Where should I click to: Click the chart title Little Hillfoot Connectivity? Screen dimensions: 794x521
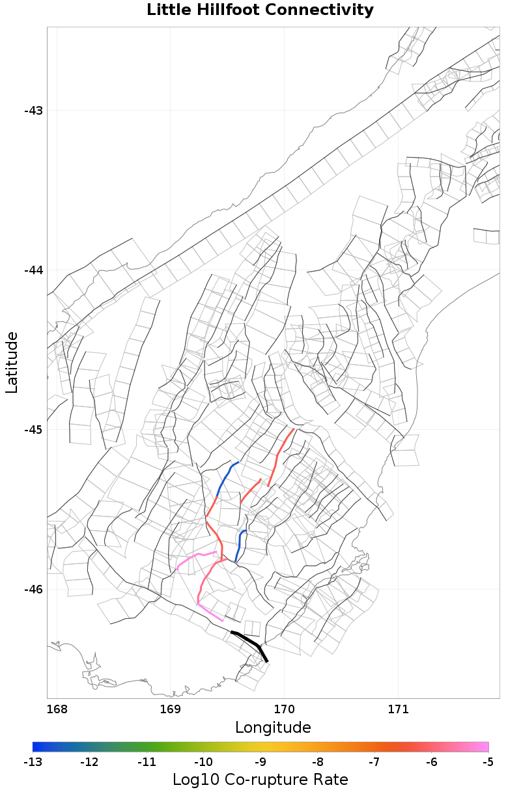[x=260, y=10]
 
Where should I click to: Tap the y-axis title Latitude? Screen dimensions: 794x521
[x=12, y=362]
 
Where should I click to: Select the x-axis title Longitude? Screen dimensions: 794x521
[x=273, y=727]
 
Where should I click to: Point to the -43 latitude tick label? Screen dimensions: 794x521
[x=33, y=111]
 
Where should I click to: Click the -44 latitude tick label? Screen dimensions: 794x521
[x=33, y=270]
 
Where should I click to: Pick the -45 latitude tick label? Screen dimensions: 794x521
[x=33, y=430]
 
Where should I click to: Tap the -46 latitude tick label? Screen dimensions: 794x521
[x=33, y=589]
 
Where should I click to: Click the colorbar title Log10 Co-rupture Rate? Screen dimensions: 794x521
[x=260, y=780]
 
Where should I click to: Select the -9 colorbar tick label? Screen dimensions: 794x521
[x=260, y=761]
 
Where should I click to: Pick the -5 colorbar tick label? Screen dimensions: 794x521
[x=488, y=761]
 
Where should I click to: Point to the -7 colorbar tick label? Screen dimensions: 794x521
[x=374, y=761]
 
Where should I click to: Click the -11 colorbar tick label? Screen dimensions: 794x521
[x=147, y=761]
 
